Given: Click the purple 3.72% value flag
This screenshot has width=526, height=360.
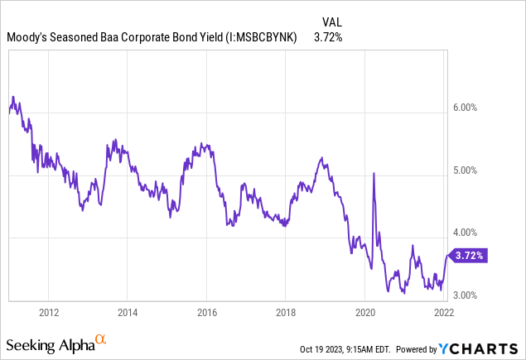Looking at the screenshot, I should coord(469,255).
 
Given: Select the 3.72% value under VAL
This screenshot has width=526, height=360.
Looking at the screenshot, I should coord(328,37).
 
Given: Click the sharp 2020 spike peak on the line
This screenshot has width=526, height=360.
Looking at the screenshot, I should coord(374,173).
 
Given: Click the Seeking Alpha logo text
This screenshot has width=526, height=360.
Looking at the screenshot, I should coord(49,343).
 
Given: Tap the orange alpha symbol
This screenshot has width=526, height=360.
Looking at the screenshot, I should coord(100,339).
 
